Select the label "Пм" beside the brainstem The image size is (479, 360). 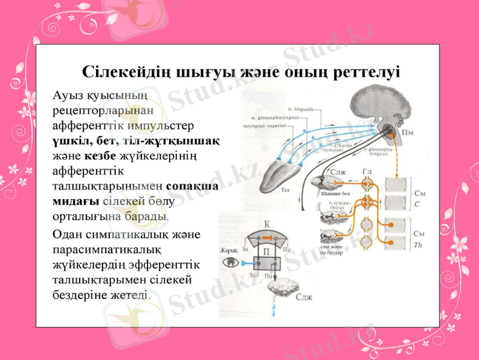tap(407, 131)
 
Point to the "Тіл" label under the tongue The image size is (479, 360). tap(285, 190)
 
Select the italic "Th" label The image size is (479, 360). tap(418, 244)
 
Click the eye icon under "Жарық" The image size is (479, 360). tap(230, 262)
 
